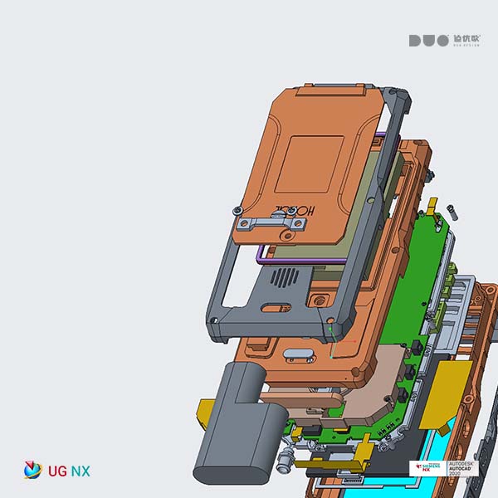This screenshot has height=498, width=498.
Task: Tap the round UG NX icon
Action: pyautogui.click(x=32, y=470)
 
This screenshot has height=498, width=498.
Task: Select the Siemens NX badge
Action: pyautogui.click(x=427, y=469)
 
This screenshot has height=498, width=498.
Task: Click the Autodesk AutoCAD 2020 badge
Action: pyautogui.click(x=463, y=469)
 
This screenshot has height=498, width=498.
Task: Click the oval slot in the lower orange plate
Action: pyautogui.click(x=300, y=356)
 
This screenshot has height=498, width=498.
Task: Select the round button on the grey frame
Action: pyautogui.click(x=318, y=300)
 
